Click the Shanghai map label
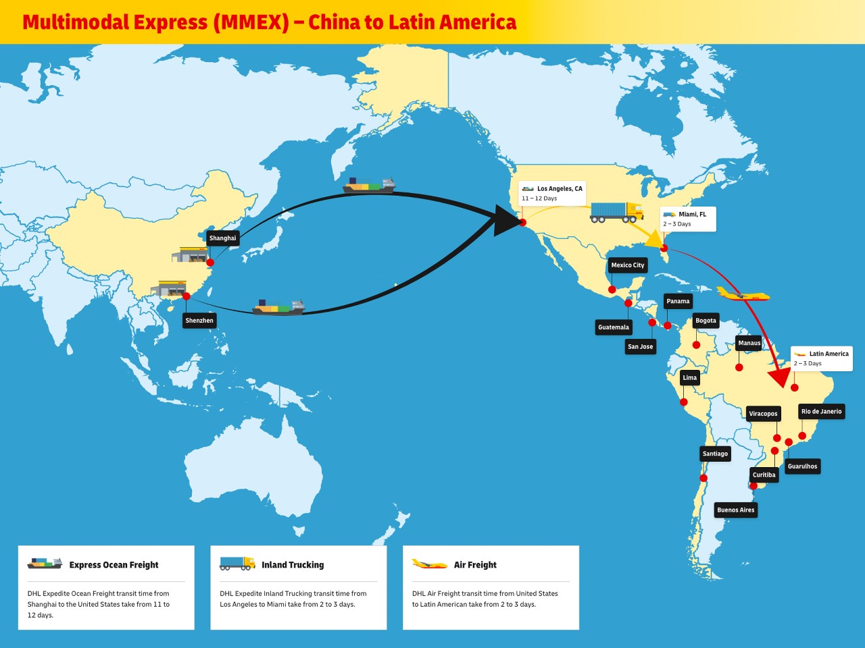click(222, 238)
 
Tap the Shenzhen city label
click(199, 321)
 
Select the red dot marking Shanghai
click(210, 263)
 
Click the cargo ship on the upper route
click(368, 186)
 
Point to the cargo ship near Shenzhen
click(278, 308)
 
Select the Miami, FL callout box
click(687, 219)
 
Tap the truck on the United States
click(616, 212)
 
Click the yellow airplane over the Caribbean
click(742, 294)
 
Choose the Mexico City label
click(628, 265)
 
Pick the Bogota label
click(706, 321)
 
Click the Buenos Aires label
click(736, 510)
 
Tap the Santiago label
click(715, 454)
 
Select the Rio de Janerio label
click(821, 411)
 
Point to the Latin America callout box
click(822, 358)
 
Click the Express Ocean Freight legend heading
click(114, 565)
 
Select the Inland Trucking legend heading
click(293, 565)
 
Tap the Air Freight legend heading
click(475, 565)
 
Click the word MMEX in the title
click(251, 22)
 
